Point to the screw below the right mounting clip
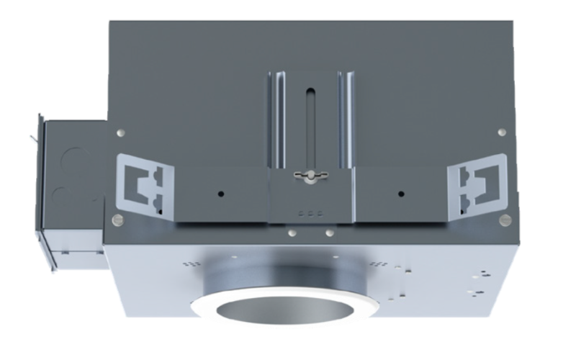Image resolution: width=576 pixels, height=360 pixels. [505, 219]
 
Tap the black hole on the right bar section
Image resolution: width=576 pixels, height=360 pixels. [400, 195]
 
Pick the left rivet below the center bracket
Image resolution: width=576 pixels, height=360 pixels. [291, 233]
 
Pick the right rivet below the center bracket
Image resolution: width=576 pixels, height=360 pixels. [329, 233]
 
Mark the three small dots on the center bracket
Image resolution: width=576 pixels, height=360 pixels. [310, 213]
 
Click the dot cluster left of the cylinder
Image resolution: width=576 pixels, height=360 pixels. [190, 264]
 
